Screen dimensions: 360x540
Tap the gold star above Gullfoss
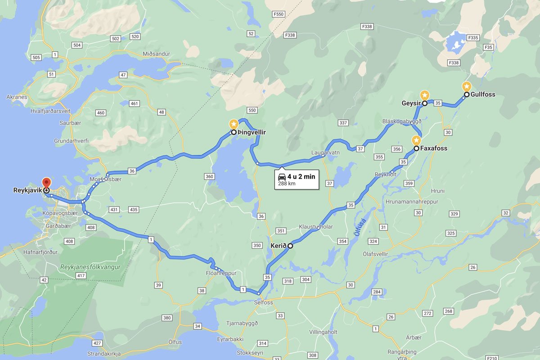467,86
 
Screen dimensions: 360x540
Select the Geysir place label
411,103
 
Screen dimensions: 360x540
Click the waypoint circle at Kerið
290,246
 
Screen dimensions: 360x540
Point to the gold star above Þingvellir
234,123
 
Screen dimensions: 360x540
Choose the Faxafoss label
434,148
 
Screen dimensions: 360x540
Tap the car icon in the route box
282,176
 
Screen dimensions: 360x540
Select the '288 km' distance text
287,184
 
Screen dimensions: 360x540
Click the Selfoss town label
264,302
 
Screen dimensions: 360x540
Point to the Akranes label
17,97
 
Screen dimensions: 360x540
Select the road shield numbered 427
97,343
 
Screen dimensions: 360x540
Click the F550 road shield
279,14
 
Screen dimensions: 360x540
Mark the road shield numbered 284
377,292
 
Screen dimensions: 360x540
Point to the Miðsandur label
156,54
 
